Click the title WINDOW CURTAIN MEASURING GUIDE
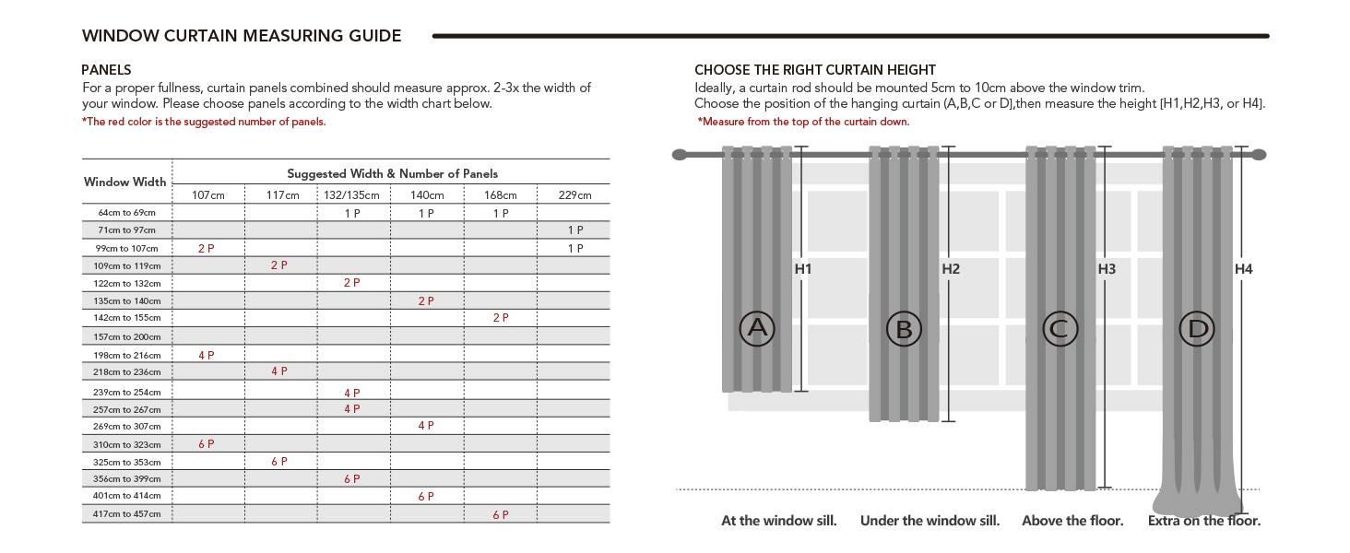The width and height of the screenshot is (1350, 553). pyautogui.click(x=242, y=36)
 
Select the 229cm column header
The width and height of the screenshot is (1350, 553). pyautogui.click(x=575, y=195)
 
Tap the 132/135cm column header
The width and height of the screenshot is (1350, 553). pyautogui.click(x=351, y=195)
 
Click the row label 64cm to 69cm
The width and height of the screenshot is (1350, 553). pyautogui.click(x=127, y=213)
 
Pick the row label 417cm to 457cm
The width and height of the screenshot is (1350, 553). pyautogui.click(x=127, y=514)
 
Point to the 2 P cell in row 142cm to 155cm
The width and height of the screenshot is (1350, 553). pyautogui.click(x=501, y=318)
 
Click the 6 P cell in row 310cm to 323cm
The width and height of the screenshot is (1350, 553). pyautogui.click(x=207, y=444)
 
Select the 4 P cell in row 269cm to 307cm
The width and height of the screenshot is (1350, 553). pyautogui.click(x=426, y=426)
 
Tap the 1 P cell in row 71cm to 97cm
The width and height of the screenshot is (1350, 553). pyautogui.click(x=575, y=230)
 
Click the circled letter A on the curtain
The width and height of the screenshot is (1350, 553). pyautogui.click(x=756, y=328)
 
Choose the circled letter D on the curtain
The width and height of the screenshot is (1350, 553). pyautogui.click(x=1197, y=328)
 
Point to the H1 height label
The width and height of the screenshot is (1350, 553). pyautogui.click(x=803, y=269)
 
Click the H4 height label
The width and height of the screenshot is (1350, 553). pyautogui.click(x=1244, y=269)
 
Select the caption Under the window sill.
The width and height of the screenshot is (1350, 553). pyautogui.click(x=930, y=521)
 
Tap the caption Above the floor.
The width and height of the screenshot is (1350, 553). pyautogui.click(x=1072, y=521)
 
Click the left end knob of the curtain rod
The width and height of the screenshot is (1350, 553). pyautogui.click(x=680, y=155)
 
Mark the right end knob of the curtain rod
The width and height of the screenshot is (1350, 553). pyautogui.click(x=1260, y=155)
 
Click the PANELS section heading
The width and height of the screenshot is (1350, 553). pyautogui.click(x=106, y=70)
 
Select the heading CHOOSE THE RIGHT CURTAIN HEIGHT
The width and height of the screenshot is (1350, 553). pyautogui.click(x=815, y=70)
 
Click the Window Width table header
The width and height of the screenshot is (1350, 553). pyautogui.click(x=125, y=182)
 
